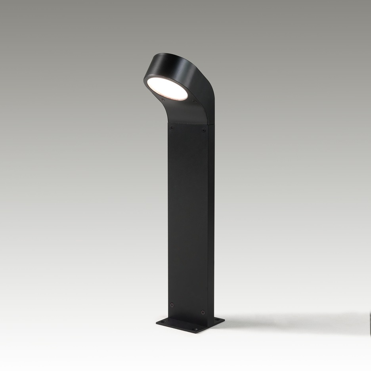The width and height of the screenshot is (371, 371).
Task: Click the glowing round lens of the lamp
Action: tap(167, 88)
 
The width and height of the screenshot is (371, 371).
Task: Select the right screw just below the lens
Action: tap(195, 101)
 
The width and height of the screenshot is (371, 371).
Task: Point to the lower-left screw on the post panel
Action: tap(172, 304)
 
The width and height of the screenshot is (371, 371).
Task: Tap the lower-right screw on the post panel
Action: tap(203, 312)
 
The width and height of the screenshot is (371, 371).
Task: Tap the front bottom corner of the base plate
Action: tap(198, 332)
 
